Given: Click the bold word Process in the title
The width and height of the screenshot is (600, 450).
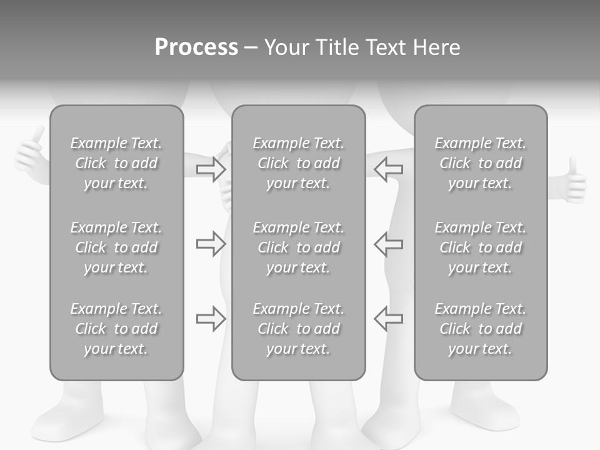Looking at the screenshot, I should click(196, 47).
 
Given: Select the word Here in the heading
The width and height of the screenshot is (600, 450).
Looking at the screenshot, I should click(436, 47).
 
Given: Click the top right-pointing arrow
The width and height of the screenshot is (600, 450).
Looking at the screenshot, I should click(211, 169).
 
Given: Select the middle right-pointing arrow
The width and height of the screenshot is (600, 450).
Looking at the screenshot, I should click(211, 244).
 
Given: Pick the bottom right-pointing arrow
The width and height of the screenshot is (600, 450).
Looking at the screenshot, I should click(211, 319).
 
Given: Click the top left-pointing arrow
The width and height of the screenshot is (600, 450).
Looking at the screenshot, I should click(388, 169).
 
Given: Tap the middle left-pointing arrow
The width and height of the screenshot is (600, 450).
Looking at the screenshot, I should click(388, 244).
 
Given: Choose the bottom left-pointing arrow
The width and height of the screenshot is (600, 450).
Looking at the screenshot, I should click(388, 319).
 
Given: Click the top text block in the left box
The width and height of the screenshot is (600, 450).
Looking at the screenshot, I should click(116, 163).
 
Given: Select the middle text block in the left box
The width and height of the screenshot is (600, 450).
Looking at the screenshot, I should click(116, 247).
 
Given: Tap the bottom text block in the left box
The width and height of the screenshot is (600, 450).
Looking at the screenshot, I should click(116, 329).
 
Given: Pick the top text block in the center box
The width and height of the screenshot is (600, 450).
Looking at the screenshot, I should click(298, 163).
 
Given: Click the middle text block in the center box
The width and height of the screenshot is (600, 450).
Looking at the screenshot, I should click(298, 247).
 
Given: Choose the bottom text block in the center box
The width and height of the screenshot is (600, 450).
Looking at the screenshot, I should click(298, 329).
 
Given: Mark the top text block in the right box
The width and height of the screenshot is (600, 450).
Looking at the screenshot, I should click(480, 163).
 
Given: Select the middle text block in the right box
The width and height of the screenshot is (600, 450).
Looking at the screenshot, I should click(480, 247).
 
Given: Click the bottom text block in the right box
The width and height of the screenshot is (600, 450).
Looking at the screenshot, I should click(480, 329).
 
